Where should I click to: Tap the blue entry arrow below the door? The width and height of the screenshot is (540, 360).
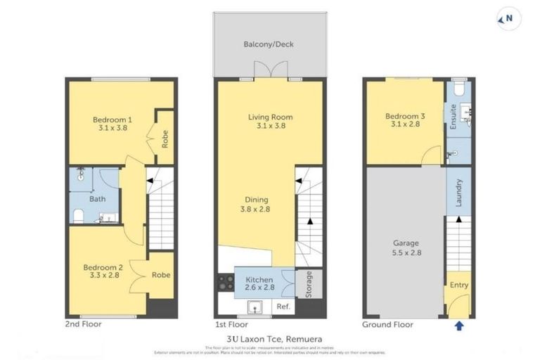459,326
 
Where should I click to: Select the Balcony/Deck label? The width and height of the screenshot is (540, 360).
269,44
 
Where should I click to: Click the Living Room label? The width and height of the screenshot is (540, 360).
270,117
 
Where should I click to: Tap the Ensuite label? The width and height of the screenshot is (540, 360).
454,117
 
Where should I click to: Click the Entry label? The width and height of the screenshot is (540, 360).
459,285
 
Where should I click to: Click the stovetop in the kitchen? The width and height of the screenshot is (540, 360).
226,283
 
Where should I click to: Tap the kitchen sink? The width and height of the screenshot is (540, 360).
255,307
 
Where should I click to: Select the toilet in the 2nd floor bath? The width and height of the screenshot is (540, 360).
79,215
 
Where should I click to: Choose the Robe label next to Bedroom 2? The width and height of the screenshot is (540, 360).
161,276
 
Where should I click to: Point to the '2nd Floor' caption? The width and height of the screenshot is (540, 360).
83,325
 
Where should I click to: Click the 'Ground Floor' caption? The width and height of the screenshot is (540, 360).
387,325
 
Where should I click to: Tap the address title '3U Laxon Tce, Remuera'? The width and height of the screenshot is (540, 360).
270,338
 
